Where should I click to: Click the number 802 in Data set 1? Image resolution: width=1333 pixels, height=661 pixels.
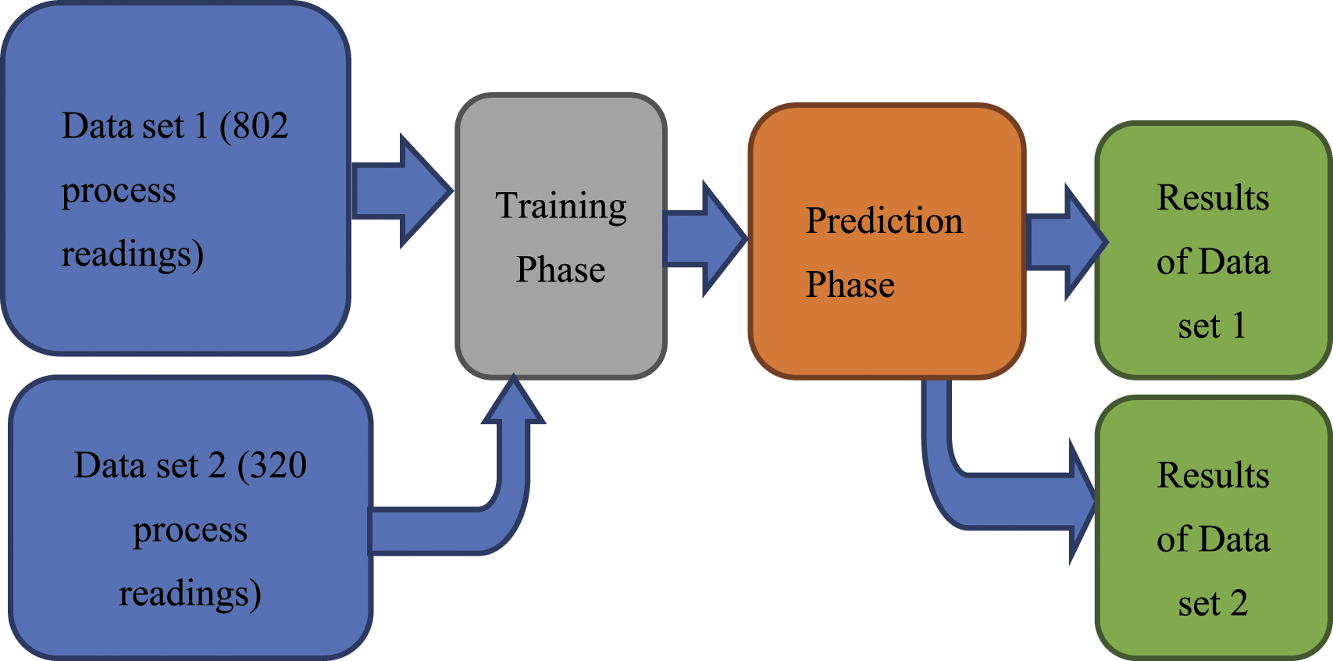[x=260, y=126]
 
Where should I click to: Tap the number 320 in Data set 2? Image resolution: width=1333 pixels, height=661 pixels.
[x=279, y=465]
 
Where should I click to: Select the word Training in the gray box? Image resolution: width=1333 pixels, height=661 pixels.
[x=561, y=207]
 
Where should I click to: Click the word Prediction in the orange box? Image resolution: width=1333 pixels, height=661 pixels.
[x=884, y=221]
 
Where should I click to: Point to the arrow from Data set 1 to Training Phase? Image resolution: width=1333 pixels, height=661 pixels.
[x=402, y=191]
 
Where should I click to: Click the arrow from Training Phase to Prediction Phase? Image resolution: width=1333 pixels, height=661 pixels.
[x=705, y=238]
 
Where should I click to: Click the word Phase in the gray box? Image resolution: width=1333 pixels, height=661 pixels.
[x=561, y=270]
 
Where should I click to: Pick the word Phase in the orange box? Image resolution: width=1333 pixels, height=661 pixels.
[x=850, y=284]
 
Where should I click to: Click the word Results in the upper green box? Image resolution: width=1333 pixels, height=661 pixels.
[x=1213, y=198]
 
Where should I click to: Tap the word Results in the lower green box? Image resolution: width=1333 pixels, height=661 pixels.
[x=1213, y=475]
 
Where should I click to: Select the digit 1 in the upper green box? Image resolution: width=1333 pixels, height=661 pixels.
[x=1239, y=326]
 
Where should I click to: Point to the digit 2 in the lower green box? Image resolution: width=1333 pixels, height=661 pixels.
[x=1239, y=603]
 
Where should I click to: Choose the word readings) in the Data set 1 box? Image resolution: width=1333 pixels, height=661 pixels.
[x=133, y=255]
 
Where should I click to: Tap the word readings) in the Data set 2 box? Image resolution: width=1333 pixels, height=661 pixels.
[x=190, y=595]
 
